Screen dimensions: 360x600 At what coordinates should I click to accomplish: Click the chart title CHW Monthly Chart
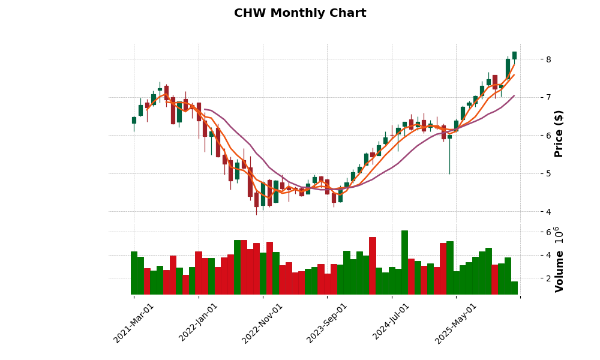300,13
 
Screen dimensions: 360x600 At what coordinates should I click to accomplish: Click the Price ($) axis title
559,133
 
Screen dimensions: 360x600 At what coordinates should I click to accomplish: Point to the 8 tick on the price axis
531,59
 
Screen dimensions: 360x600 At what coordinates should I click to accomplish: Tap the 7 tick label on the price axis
531,97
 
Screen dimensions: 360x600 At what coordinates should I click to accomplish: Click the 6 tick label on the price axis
531,136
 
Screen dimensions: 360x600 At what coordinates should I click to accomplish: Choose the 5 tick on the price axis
531,173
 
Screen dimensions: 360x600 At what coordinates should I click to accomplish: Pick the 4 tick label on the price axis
531,212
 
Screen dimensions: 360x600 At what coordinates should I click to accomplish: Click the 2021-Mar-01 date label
134,323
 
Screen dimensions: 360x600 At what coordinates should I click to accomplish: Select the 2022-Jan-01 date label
199,323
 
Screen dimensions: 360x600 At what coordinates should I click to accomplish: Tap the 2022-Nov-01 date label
263,323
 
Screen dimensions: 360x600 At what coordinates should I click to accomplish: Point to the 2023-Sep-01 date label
327,323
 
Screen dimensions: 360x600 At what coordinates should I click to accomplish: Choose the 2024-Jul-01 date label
391,323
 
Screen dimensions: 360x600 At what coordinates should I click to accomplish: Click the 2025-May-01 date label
456,323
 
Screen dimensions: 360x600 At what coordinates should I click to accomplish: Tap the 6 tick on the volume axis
531,232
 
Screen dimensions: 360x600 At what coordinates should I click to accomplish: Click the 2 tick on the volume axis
531,278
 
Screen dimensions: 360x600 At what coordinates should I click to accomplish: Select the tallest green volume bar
404,262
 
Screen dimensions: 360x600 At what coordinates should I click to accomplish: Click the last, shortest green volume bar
514,288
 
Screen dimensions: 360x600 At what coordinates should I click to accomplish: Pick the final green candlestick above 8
514,55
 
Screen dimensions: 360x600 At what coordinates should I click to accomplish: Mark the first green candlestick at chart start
134,120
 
